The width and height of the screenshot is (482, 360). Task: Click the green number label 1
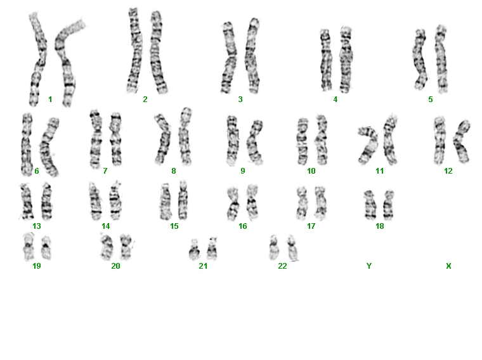point(50,100)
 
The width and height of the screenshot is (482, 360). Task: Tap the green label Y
point(369,266)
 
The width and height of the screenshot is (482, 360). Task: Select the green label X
point(448,266)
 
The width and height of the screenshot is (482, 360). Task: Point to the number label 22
point(282,266)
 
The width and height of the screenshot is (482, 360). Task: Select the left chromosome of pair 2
point(134,51)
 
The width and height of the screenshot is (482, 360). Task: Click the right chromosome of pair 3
point(252,55)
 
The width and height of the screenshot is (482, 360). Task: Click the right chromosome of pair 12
point(460,141)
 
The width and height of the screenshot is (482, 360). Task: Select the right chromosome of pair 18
point(389,205)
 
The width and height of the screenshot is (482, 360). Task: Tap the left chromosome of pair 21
point(194,250)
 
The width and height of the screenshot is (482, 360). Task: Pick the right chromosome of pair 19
point(46,248)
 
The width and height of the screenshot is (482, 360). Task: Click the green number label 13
point(37,226)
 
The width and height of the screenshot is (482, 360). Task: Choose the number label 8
point(174,170)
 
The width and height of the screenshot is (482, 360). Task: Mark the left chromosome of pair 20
point(107,247)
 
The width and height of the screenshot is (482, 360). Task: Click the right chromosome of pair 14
point(115,201)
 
